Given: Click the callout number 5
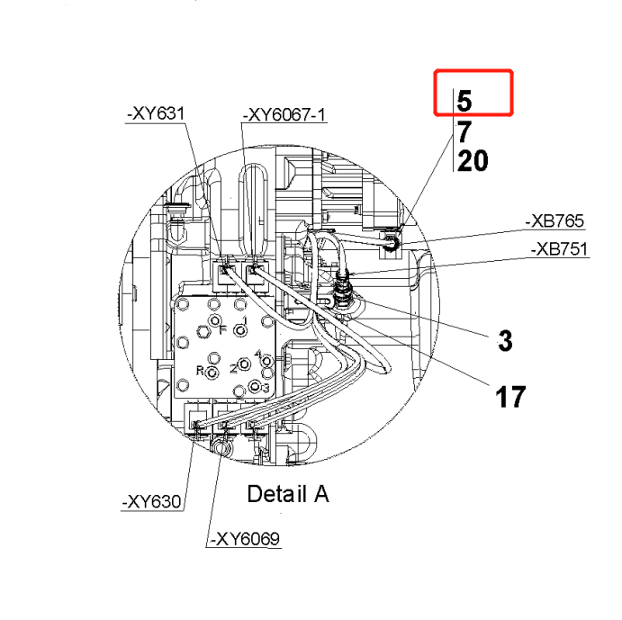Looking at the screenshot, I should click(464, 100).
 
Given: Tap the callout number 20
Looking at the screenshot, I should click(473, 162).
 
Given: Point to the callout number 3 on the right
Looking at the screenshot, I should click(505, 340).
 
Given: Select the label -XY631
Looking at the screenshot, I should click(154, 113).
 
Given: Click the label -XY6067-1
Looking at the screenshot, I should click(284, 113).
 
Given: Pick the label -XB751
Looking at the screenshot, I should click(559, 248).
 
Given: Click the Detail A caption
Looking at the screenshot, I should click(288, 494).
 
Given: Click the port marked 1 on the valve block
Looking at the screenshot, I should click(240, 328).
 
